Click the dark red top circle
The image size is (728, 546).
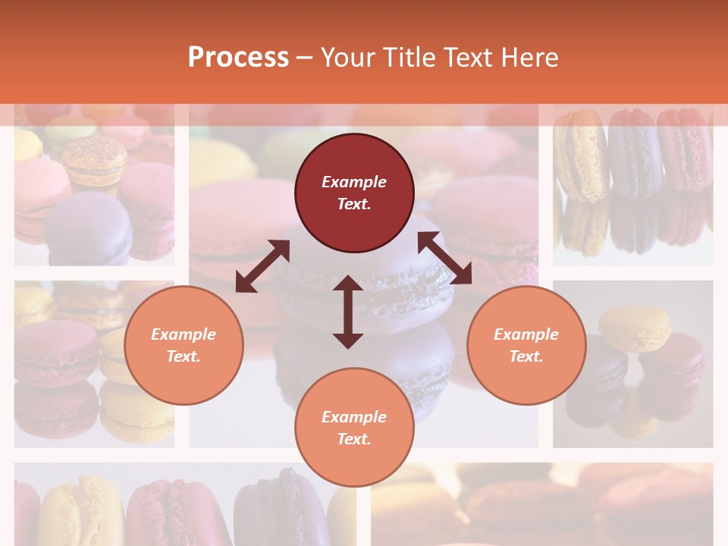[354, 193]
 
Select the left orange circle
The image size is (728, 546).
[184, 345]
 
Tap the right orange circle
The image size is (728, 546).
[526, 345]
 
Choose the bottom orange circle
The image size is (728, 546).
[354, 428]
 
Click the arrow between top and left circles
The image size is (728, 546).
[262, 266]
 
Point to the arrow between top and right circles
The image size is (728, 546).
[445, 258]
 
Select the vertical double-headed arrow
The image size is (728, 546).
[348, 312]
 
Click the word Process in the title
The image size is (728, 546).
[238, 58]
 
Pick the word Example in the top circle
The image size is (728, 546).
[354, 182]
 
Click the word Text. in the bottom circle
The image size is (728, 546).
[354, 439]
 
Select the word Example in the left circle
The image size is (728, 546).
[184, 334]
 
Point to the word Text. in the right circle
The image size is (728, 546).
[526, 356]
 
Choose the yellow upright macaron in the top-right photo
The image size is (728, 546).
[580, 155]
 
